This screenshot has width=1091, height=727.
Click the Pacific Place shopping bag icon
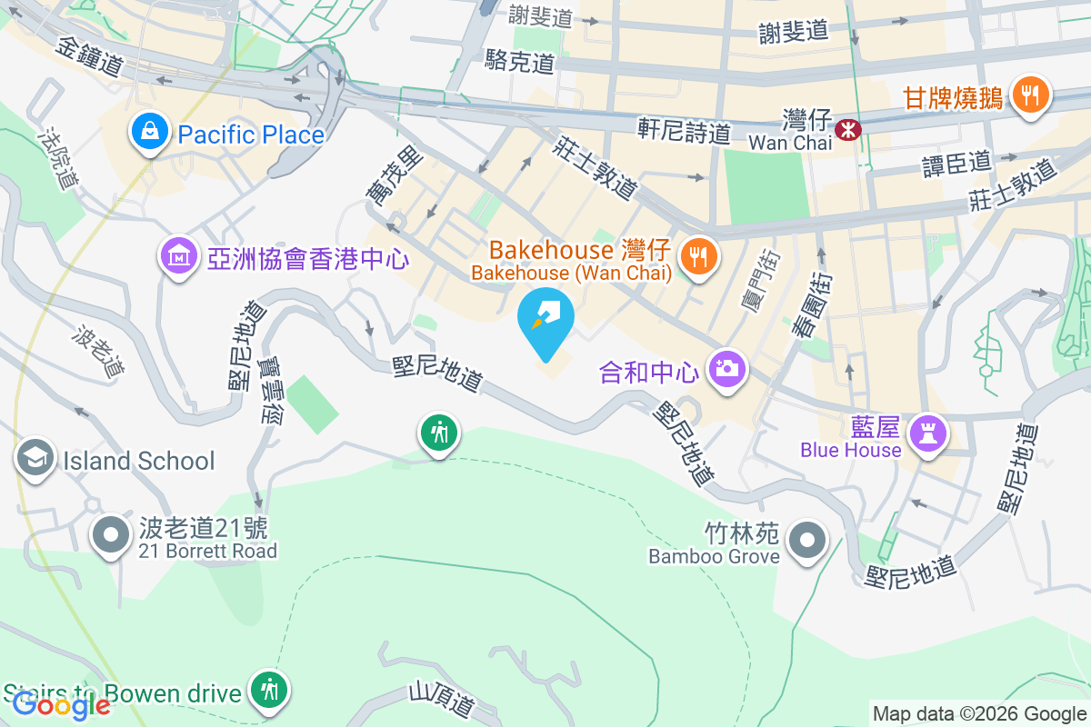tap(146, 133)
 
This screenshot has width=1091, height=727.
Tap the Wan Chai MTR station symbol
tap(847, 130)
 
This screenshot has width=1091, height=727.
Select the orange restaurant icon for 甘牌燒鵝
tap(1029, 95)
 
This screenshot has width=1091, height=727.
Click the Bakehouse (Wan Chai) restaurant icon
tap(697, 256)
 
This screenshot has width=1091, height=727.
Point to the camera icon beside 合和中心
tap(726, 369)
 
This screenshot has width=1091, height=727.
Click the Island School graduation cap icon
tap(35, 458)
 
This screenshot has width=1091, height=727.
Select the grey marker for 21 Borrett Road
tap(111, 535)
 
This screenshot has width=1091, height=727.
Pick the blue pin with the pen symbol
tap(545, 320)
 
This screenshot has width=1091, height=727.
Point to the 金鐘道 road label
tap(88, 55)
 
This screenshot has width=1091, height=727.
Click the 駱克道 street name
tap(519, 63)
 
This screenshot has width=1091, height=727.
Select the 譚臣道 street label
tap(956, 162)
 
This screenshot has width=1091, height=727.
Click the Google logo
tap(60, 704)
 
